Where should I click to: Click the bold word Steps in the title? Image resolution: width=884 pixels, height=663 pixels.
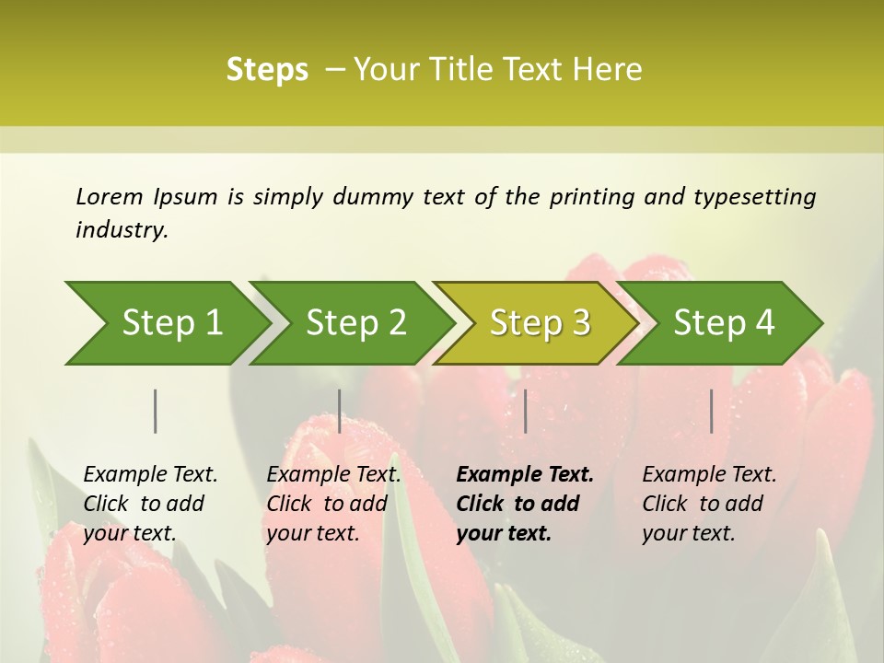point(267,70)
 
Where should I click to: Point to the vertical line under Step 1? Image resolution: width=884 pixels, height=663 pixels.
point(155,411)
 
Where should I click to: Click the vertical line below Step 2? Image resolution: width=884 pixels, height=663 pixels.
point(340,411)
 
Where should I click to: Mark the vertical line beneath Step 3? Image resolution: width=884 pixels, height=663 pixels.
point(525,411)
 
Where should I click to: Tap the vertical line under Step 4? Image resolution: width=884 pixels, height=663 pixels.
point(711,411)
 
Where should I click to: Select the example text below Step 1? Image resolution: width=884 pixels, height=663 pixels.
point(150,504)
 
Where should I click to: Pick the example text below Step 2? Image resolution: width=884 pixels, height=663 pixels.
point(333,504)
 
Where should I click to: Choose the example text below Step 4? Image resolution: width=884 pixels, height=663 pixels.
point(709,504)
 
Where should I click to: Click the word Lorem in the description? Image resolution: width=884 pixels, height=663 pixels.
point(109,197)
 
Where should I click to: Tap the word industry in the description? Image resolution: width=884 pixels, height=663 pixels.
point(121,230)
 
